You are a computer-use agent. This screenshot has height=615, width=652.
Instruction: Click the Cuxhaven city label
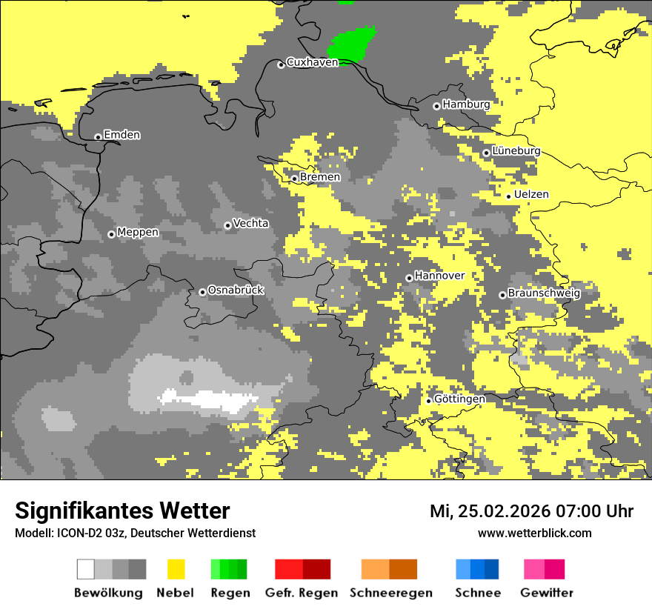click(x=312, y=62)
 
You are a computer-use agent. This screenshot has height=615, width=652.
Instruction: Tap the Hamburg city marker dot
click(x=436, y=106)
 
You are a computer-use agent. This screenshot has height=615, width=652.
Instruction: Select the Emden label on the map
click(x=122, y=135)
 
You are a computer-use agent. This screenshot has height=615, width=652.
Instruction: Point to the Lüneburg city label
click(x=516, y=150)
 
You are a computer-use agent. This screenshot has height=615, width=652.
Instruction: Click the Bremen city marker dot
click(x=294, y=179)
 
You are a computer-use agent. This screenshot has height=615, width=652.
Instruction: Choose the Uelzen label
click(x=531, y=194)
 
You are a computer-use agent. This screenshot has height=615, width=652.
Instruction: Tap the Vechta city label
click(x=250, y=223)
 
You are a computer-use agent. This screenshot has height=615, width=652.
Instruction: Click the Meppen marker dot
click(x=111, y=234)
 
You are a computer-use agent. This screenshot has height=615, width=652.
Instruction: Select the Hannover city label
click(x=439, y=276)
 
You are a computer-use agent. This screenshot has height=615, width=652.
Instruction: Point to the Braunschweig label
click(x=543, y=293)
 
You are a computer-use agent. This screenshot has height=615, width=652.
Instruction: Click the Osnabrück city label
click(x=236, y=290)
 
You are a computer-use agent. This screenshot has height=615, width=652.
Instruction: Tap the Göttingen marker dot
click(x=428, y=401)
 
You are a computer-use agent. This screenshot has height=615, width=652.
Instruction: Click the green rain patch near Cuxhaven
click(x=353, y=44)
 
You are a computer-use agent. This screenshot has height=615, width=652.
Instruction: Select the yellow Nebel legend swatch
click(x=176, y=569)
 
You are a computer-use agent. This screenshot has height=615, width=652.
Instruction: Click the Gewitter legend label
click(x=546, y=593)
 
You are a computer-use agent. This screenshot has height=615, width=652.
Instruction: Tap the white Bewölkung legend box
click(x=86, y=569)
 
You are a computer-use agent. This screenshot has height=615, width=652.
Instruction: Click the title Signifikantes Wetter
click(x=122, y=511)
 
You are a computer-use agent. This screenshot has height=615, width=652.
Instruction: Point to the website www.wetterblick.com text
click(x=534, y=533)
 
